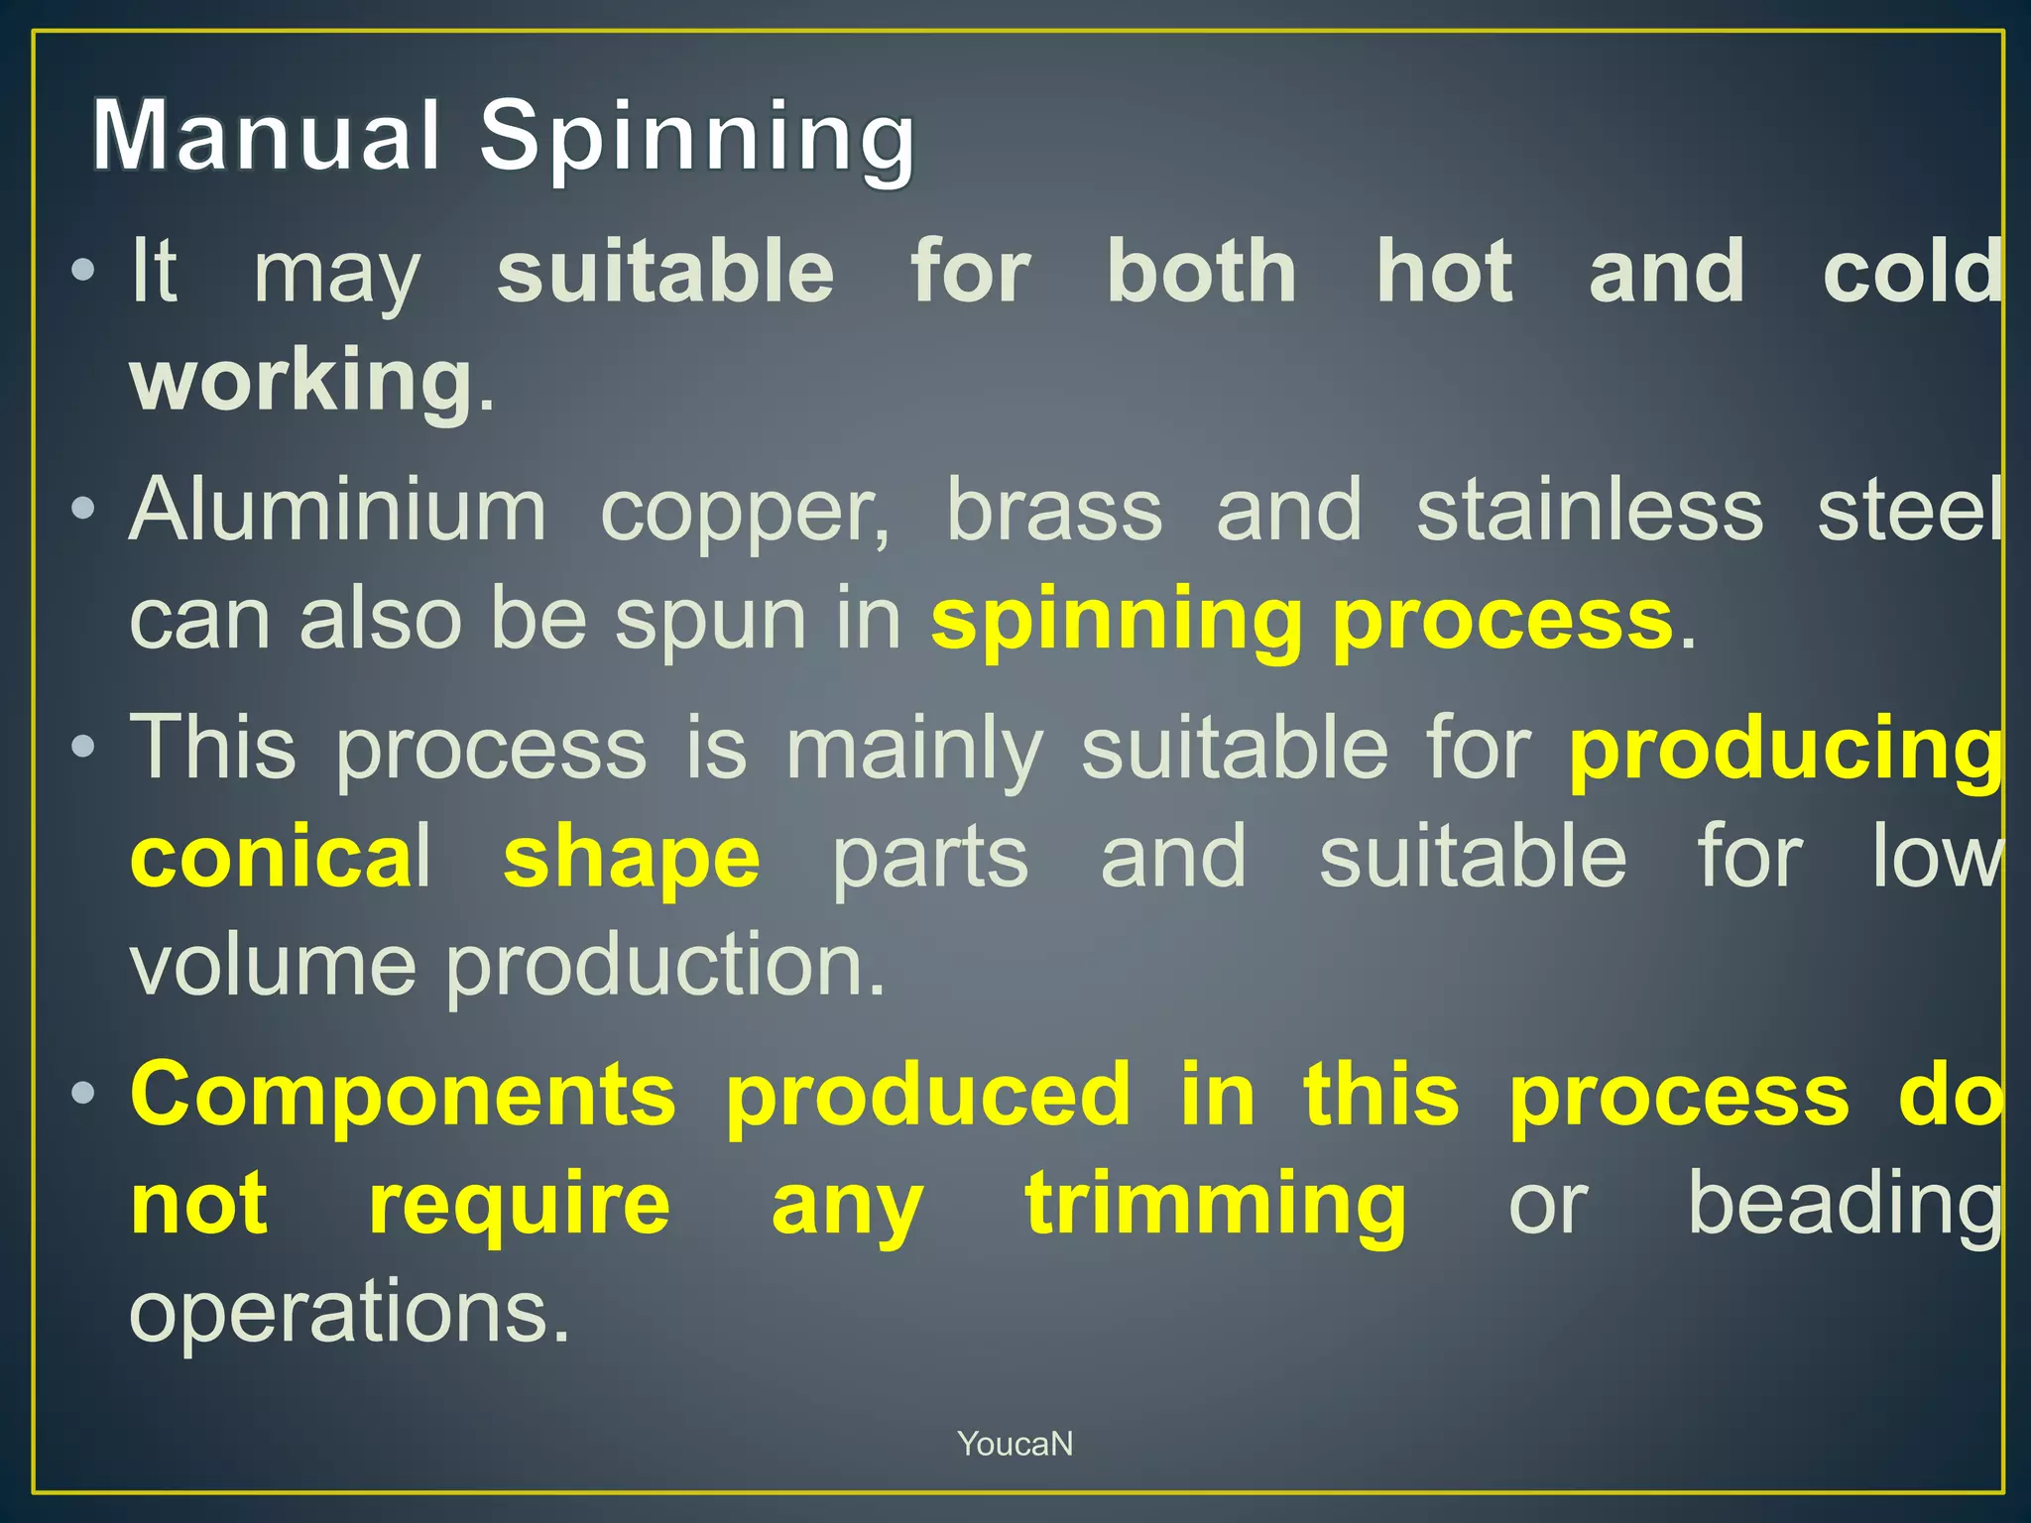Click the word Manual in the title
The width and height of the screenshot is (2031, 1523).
266,136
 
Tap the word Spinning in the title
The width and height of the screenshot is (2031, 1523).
697,139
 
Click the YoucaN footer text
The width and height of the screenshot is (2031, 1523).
1015,1444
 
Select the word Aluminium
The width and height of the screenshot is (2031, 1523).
337,511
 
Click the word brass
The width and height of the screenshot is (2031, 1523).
1054,511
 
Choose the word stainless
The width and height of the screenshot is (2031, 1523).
1590,511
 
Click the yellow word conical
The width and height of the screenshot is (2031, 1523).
281,858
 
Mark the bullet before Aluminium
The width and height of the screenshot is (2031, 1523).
84,511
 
